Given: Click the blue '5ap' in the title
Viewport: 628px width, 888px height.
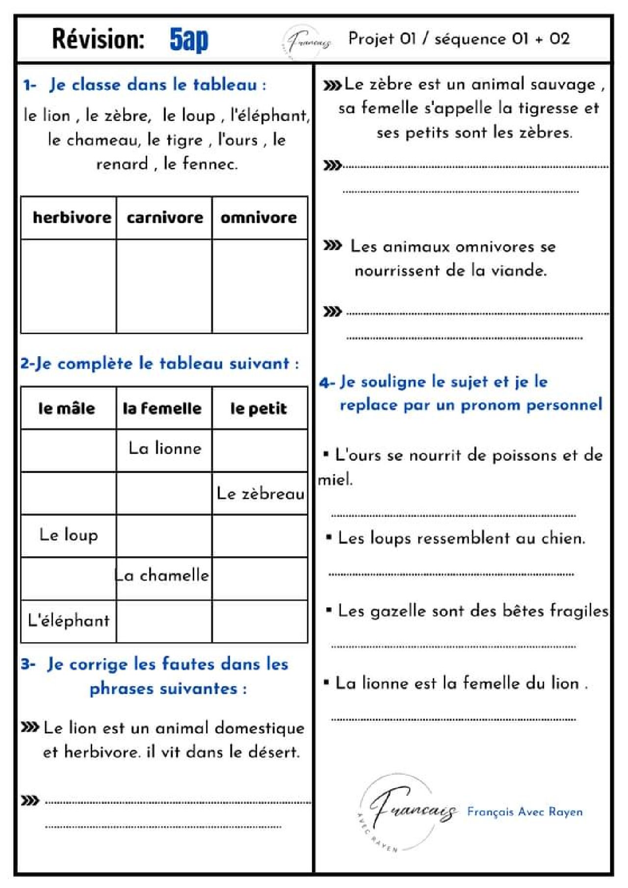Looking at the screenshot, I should pyautogui.click(x=189, y=39).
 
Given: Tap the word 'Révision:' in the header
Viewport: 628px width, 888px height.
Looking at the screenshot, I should pyautogui.click(x=98, y=39).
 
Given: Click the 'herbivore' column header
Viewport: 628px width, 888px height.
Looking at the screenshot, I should pyautogui.click(x=72, y=217).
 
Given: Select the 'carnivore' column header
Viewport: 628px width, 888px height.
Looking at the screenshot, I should pyautogui.click(x=165, y=217).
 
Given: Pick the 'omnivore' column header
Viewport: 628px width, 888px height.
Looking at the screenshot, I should pyautogui.click(x=259, y=217).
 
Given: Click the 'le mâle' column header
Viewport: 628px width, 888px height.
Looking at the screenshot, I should pyautogui.click(x=67, y=408).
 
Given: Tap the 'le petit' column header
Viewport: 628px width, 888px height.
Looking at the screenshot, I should pyautogui.click(x=259, y=408).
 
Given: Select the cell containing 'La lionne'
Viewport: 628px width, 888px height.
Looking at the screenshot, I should pyautogui.click(x=165, y=448).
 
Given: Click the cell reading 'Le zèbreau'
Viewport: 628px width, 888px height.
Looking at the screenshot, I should pyautogui.click(x=261, y=494).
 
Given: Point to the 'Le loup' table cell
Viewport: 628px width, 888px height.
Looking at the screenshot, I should pyautogui.click(x=69, y=535).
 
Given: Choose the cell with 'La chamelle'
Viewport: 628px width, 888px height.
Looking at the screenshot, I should pyautogui.click(x=162, y=575).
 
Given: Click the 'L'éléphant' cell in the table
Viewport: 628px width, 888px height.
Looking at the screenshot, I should pyautogui.click(x=69, y=621).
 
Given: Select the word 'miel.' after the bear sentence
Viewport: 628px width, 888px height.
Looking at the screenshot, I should pyautogui.click(x=335, y=479).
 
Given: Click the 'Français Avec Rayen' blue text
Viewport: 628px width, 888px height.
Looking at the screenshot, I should pyautogui.click(x=524, y=811).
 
